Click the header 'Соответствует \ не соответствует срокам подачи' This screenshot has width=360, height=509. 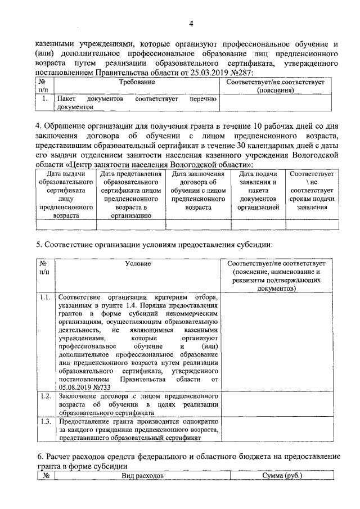pyautogui.click(x=312, y=195)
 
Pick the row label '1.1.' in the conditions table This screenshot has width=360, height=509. pyautogui.click(x=46, y=296)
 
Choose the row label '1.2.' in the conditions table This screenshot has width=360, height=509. pyautogui.click(x=46, y=397)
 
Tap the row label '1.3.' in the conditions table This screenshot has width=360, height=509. pyautogui.click(x=46, y=421)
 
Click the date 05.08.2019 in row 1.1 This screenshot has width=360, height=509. pyautogui.click(x=76, y=388)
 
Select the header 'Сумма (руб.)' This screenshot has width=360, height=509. pyautogui.click(x=282, y=476)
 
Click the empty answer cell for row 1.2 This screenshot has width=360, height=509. pyautogui.click(x=280, y=404)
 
